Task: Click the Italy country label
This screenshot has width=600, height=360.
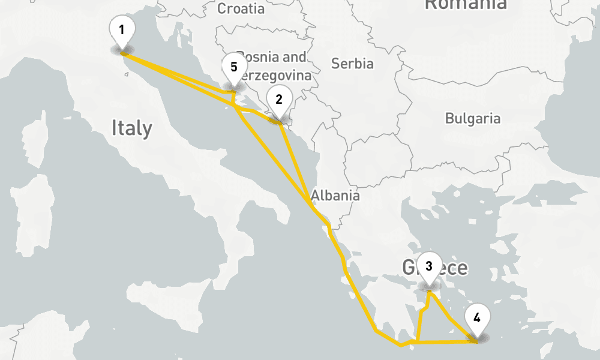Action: tap(132, 128)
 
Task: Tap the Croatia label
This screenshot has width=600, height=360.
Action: tap(241, 8)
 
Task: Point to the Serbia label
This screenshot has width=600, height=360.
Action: tap(352, 64)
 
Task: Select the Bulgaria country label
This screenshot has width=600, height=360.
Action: tap(472, 118)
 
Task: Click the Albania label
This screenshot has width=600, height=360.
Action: tap(335, 196)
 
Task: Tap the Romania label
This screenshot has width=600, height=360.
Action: tap(465, 5)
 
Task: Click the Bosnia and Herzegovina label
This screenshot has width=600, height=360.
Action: tap(273, 66)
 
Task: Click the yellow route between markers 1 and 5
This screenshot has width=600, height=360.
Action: tap(180, 73)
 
